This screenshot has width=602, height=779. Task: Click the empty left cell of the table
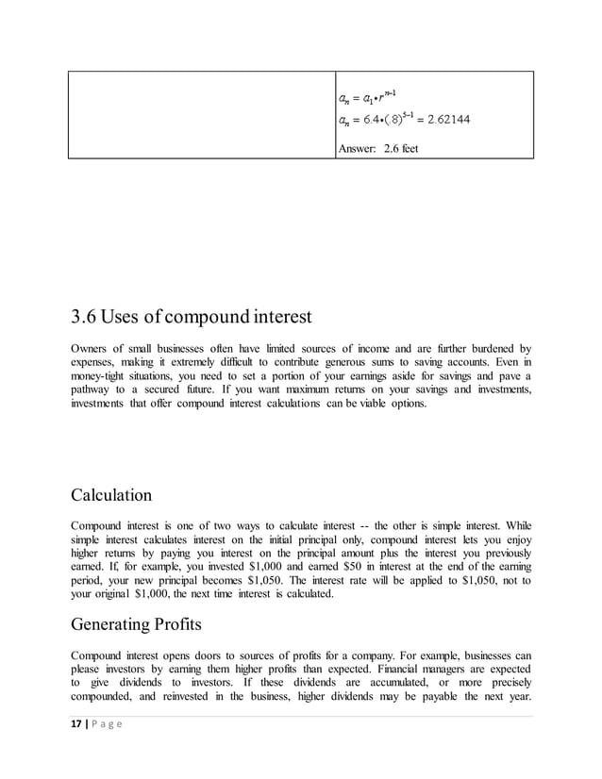(x=201, y=114)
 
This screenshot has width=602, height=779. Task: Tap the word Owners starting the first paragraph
(x=92, y=346)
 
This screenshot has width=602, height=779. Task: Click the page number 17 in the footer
(x=77, y=722)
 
